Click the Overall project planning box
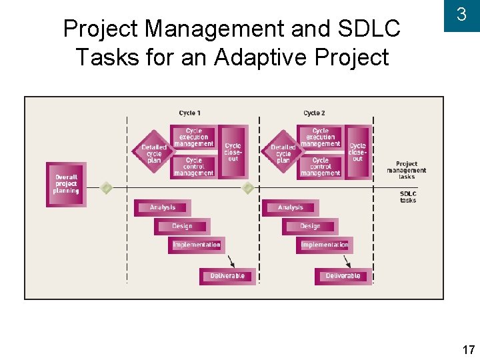coord(66,184)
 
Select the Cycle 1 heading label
coord(190,113)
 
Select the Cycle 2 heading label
coord(314,113)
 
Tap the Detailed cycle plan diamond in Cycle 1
coord(154,152)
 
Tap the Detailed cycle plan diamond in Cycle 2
coord(283,152)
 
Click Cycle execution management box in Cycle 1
coord(193,138)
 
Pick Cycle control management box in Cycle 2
coord(320,167)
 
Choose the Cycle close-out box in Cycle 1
coord(233,151)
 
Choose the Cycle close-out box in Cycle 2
coord(358,151)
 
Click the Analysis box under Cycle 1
coord(163,207)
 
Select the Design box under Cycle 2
coord(310,226)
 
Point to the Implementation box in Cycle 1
coord(197,245)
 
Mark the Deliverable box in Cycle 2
coord(343,276)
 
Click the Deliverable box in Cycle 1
coord(227,276)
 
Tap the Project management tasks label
coord(407,170)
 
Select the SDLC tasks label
coord(408,197)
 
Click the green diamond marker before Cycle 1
coord(105,188)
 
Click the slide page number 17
coord(467,349)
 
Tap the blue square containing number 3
coord(461,16)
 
